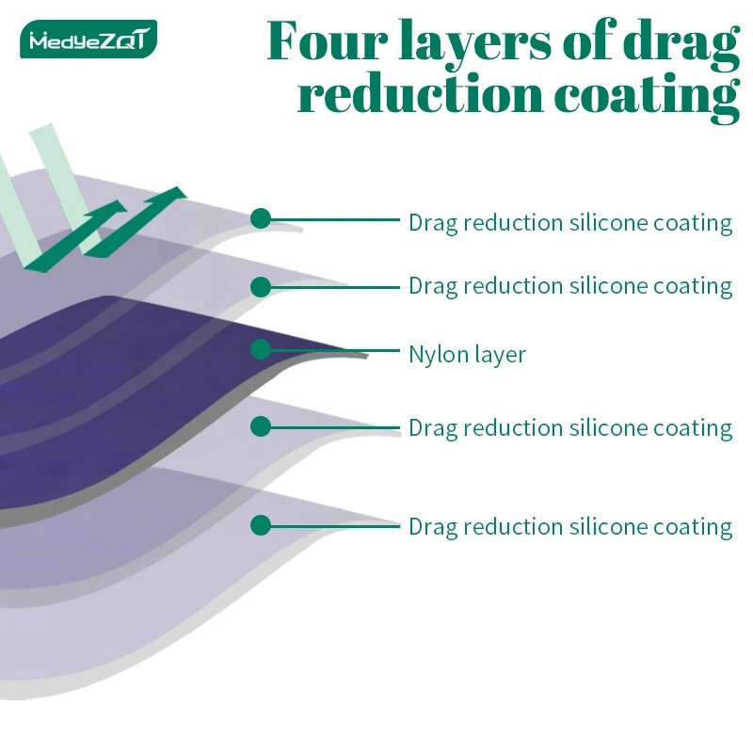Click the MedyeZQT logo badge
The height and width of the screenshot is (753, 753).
click(88, 39)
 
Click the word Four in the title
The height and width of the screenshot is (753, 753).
click(327, 40)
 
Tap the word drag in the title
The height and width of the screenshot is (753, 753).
click(681, 44)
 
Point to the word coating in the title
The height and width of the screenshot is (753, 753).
click(647, 98)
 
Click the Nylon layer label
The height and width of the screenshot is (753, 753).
click(467, 355)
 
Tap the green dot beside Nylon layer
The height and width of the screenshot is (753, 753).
click(261, 349)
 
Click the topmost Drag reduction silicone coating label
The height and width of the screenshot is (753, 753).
click(570, 223)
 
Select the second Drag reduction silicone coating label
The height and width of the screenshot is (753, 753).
click(570, 287)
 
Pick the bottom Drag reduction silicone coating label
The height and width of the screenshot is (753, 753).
click(570, 527)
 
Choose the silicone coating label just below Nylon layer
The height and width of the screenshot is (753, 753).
click(570, 428)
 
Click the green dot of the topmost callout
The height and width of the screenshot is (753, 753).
click(261, 218)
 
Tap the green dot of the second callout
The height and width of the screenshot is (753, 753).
click(261, 287)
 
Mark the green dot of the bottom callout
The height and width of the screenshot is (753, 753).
click(261, 525)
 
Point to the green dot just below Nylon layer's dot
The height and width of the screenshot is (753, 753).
click(261, 426)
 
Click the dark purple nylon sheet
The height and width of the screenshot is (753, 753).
click(144, 384)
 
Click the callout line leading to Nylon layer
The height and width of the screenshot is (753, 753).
click(335, 350)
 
